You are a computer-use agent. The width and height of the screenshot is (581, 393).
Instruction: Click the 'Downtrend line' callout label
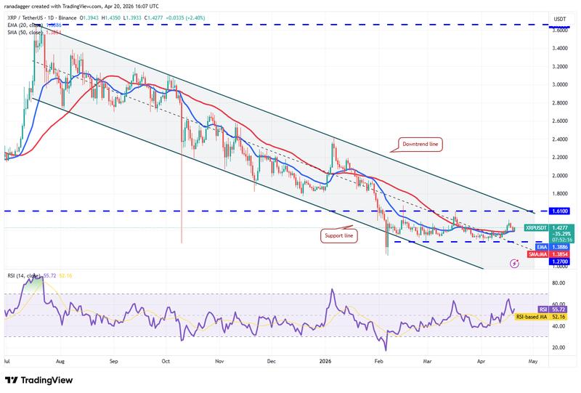click(419, 145)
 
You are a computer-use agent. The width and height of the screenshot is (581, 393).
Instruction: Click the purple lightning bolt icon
click(514, 264)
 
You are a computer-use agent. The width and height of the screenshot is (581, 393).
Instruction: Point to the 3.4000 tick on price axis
click(560, 48)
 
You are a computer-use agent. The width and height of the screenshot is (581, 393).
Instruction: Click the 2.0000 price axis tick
click(560, 176)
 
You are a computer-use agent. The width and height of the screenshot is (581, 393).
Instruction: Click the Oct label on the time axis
click(166, 360)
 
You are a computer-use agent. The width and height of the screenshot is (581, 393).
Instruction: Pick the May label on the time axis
click(532, 360)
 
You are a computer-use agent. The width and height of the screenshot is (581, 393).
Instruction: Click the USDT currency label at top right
click(559, 19)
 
